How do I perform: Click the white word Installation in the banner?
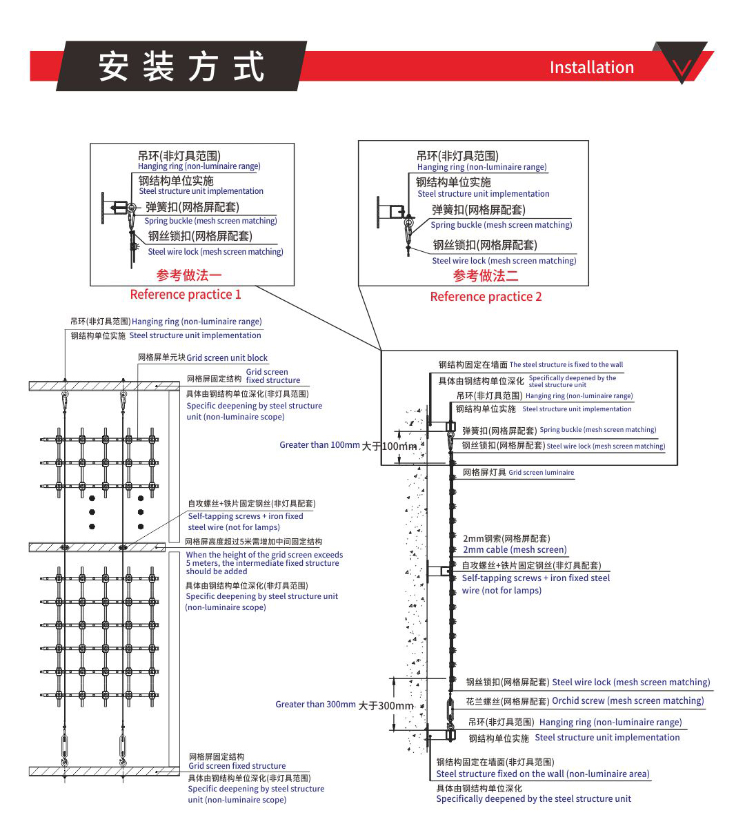(x=591, y=68)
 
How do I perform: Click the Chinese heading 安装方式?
(x=181, y=66)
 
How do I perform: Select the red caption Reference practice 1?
(x=186, y=295)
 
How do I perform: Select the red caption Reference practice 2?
(x=486, y=297)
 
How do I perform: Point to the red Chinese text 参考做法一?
(x=189, y=275)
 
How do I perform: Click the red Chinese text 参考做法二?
(x=486, y=276)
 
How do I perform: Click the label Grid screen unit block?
(x=227, y=358)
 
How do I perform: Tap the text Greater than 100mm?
(x=319, y=445)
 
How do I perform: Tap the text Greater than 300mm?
(x=315, y=705)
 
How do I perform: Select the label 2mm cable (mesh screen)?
(x=515, y=550)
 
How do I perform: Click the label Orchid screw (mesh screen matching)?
(x=628, y=700)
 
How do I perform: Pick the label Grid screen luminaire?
(x=541, y=473)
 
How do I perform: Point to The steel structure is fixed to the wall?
(x=566, y=364)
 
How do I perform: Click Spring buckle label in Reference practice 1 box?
(x=210, y=221)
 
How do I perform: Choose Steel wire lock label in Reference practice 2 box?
(x=504, y=261)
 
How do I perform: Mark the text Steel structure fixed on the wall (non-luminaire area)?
(x=542, y=774)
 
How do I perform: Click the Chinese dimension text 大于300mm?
(x=386, y=706)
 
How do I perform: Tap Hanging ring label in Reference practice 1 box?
(x=199, y=166)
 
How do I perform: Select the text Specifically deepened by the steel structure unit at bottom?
(x=533, y=799)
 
